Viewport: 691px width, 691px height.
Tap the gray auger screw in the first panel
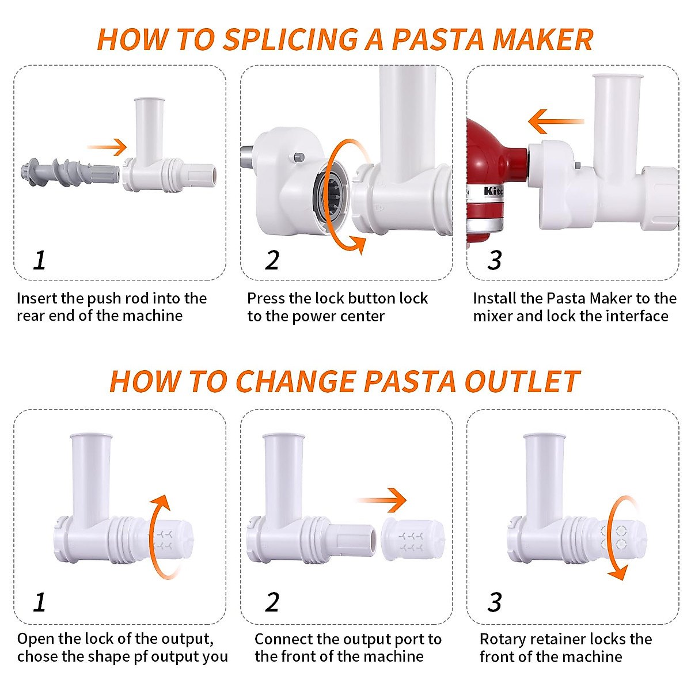coord(69,172)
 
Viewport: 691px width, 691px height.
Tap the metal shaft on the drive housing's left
coord(246,158)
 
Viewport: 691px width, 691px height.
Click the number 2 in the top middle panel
coord(272,261)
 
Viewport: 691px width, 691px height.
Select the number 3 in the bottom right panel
coord(494,602)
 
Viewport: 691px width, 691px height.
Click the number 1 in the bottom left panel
coord(39,602)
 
